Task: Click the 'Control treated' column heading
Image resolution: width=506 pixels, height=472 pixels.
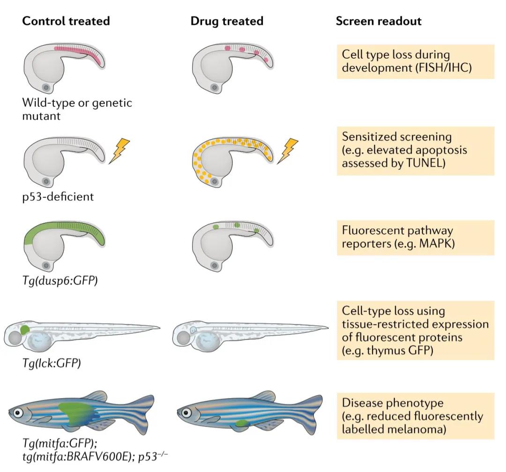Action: coord(66,21)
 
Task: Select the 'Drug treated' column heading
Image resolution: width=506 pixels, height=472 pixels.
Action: coord(227,21)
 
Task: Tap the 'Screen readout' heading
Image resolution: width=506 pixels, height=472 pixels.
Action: coord(379,21)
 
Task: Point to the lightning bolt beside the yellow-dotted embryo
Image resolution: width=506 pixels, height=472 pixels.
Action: coord(287,150)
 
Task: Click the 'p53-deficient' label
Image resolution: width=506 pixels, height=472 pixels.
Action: coord(58,196)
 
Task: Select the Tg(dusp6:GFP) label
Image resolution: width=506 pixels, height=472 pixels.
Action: coord(60,282)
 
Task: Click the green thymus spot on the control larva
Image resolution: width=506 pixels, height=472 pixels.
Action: coord(25,330)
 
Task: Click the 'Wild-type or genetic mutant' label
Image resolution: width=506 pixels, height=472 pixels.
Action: coord(78,109)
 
